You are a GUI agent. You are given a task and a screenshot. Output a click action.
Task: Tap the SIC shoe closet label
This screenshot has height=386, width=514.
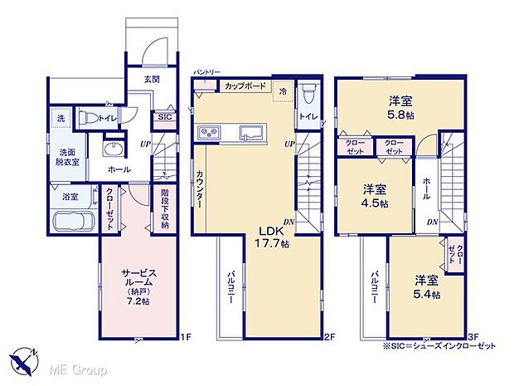165,118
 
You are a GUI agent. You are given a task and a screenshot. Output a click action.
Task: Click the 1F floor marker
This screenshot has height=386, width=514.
187,336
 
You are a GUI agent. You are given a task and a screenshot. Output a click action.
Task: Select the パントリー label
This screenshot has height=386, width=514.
206,73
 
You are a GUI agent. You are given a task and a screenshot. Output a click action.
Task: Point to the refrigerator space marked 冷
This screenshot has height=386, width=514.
283,90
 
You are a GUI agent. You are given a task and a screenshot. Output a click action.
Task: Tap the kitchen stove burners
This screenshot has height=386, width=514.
208,133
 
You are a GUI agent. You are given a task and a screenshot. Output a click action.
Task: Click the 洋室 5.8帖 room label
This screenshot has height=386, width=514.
402,108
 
